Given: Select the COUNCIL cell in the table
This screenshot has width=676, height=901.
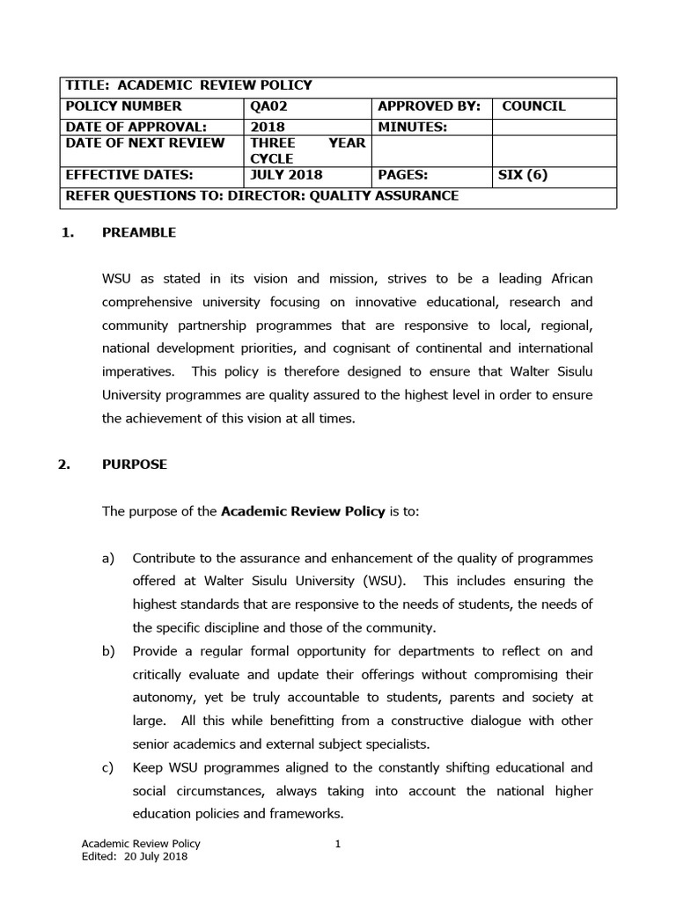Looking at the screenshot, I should pos(533,106).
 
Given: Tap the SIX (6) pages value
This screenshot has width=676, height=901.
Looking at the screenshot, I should pos(523,174).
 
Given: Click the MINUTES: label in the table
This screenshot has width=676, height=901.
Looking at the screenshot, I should pos(412,127).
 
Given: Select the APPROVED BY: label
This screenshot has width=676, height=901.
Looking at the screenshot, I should pos(429,106).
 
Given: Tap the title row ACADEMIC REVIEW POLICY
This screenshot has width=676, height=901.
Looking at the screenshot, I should pos(188,85).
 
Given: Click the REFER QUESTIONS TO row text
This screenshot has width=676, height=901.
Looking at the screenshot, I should pos(261,195).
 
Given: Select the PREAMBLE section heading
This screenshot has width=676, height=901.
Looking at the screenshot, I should pos(139,232).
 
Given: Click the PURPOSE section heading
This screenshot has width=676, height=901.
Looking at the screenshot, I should pos(135,465).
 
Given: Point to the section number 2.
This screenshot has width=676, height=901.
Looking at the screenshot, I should pos(63,465).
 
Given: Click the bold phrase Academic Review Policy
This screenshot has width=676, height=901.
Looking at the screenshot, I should pos(303,511).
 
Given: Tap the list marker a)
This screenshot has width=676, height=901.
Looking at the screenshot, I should pos(109,558).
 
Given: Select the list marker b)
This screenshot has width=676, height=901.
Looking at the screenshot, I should pos(109,651).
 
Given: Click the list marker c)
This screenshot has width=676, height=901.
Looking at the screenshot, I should pos(109,766).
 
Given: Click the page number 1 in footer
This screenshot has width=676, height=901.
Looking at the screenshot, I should pos(338,845).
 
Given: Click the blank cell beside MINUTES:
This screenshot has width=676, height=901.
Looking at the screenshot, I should pos(554,127).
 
